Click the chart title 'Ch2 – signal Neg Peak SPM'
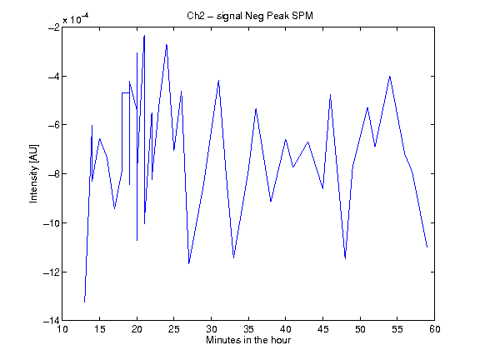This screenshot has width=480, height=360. [250, 16]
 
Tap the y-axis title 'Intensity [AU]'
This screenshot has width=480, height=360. [33, 173]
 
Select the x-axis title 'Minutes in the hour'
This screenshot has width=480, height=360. [248, 340]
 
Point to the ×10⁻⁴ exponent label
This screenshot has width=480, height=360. [76, 19]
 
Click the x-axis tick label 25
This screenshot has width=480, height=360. [174, 329]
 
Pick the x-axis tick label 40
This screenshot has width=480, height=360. [286, 329]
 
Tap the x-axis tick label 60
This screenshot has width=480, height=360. [434, 329]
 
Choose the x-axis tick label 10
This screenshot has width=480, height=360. [62, 329]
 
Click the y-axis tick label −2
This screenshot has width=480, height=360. [54, 27]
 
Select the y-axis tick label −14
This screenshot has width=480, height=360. [52, 321]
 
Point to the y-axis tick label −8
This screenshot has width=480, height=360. [54, 174]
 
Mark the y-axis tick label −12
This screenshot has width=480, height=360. [52, 272]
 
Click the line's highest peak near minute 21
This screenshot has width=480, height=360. [144, 36]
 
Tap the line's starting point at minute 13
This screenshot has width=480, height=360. [84, 302]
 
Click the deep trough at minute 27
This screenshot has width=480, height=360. [189, 263]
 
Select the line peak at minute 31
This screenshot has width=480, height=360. [218, 81]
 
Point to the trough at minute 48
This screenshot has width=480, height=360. [345, 258]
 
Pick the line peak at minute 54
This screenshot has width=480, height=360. [390, 76]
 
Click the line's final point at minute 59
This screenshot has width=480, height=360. [427, 247]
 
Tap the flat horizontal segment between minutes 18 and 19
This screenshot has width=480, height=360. [126, 92]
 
